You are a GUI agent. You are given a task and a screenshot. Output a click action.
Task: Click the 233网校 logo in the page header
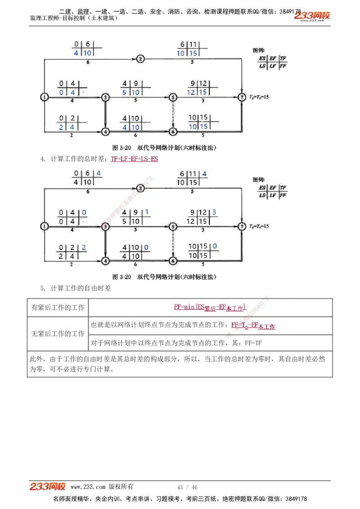point(312,16)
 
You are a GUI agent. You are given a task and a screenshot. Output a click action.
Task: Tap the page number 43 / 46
point(187,487)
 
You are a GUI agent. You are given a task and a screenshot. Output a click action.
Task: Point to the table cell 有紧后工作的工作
point(58,308)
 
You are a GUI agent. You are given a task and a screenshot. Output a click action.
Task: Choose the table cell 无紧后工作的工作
point(58,334)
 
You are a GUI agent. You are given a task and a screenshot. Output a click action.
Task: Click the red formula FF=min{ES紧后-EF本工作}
point(210,308)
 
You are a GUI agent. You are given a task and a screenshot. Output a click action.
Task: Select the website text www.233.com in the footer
point(88,487)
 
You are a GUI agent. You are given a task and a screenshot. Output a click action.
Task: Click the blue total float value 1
point(147,212)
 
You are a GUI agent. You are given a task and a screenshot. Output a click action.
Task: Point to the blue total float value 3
point(214,212)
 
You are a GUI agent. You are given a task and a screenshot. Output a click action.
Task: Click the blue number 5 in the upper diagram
point(125,92)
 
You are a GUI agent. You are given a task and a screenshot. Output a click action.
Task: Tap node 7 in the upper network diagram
point(243,96)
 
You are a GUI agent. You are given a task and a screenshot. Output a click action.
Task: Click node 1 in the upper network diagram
point(44,97)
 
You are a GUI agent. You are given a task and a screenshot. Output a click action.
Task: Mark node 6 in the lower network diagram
point(173,260)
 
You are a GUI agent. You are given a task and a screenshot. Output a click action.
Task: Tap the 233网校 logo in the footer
point(48,487)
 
